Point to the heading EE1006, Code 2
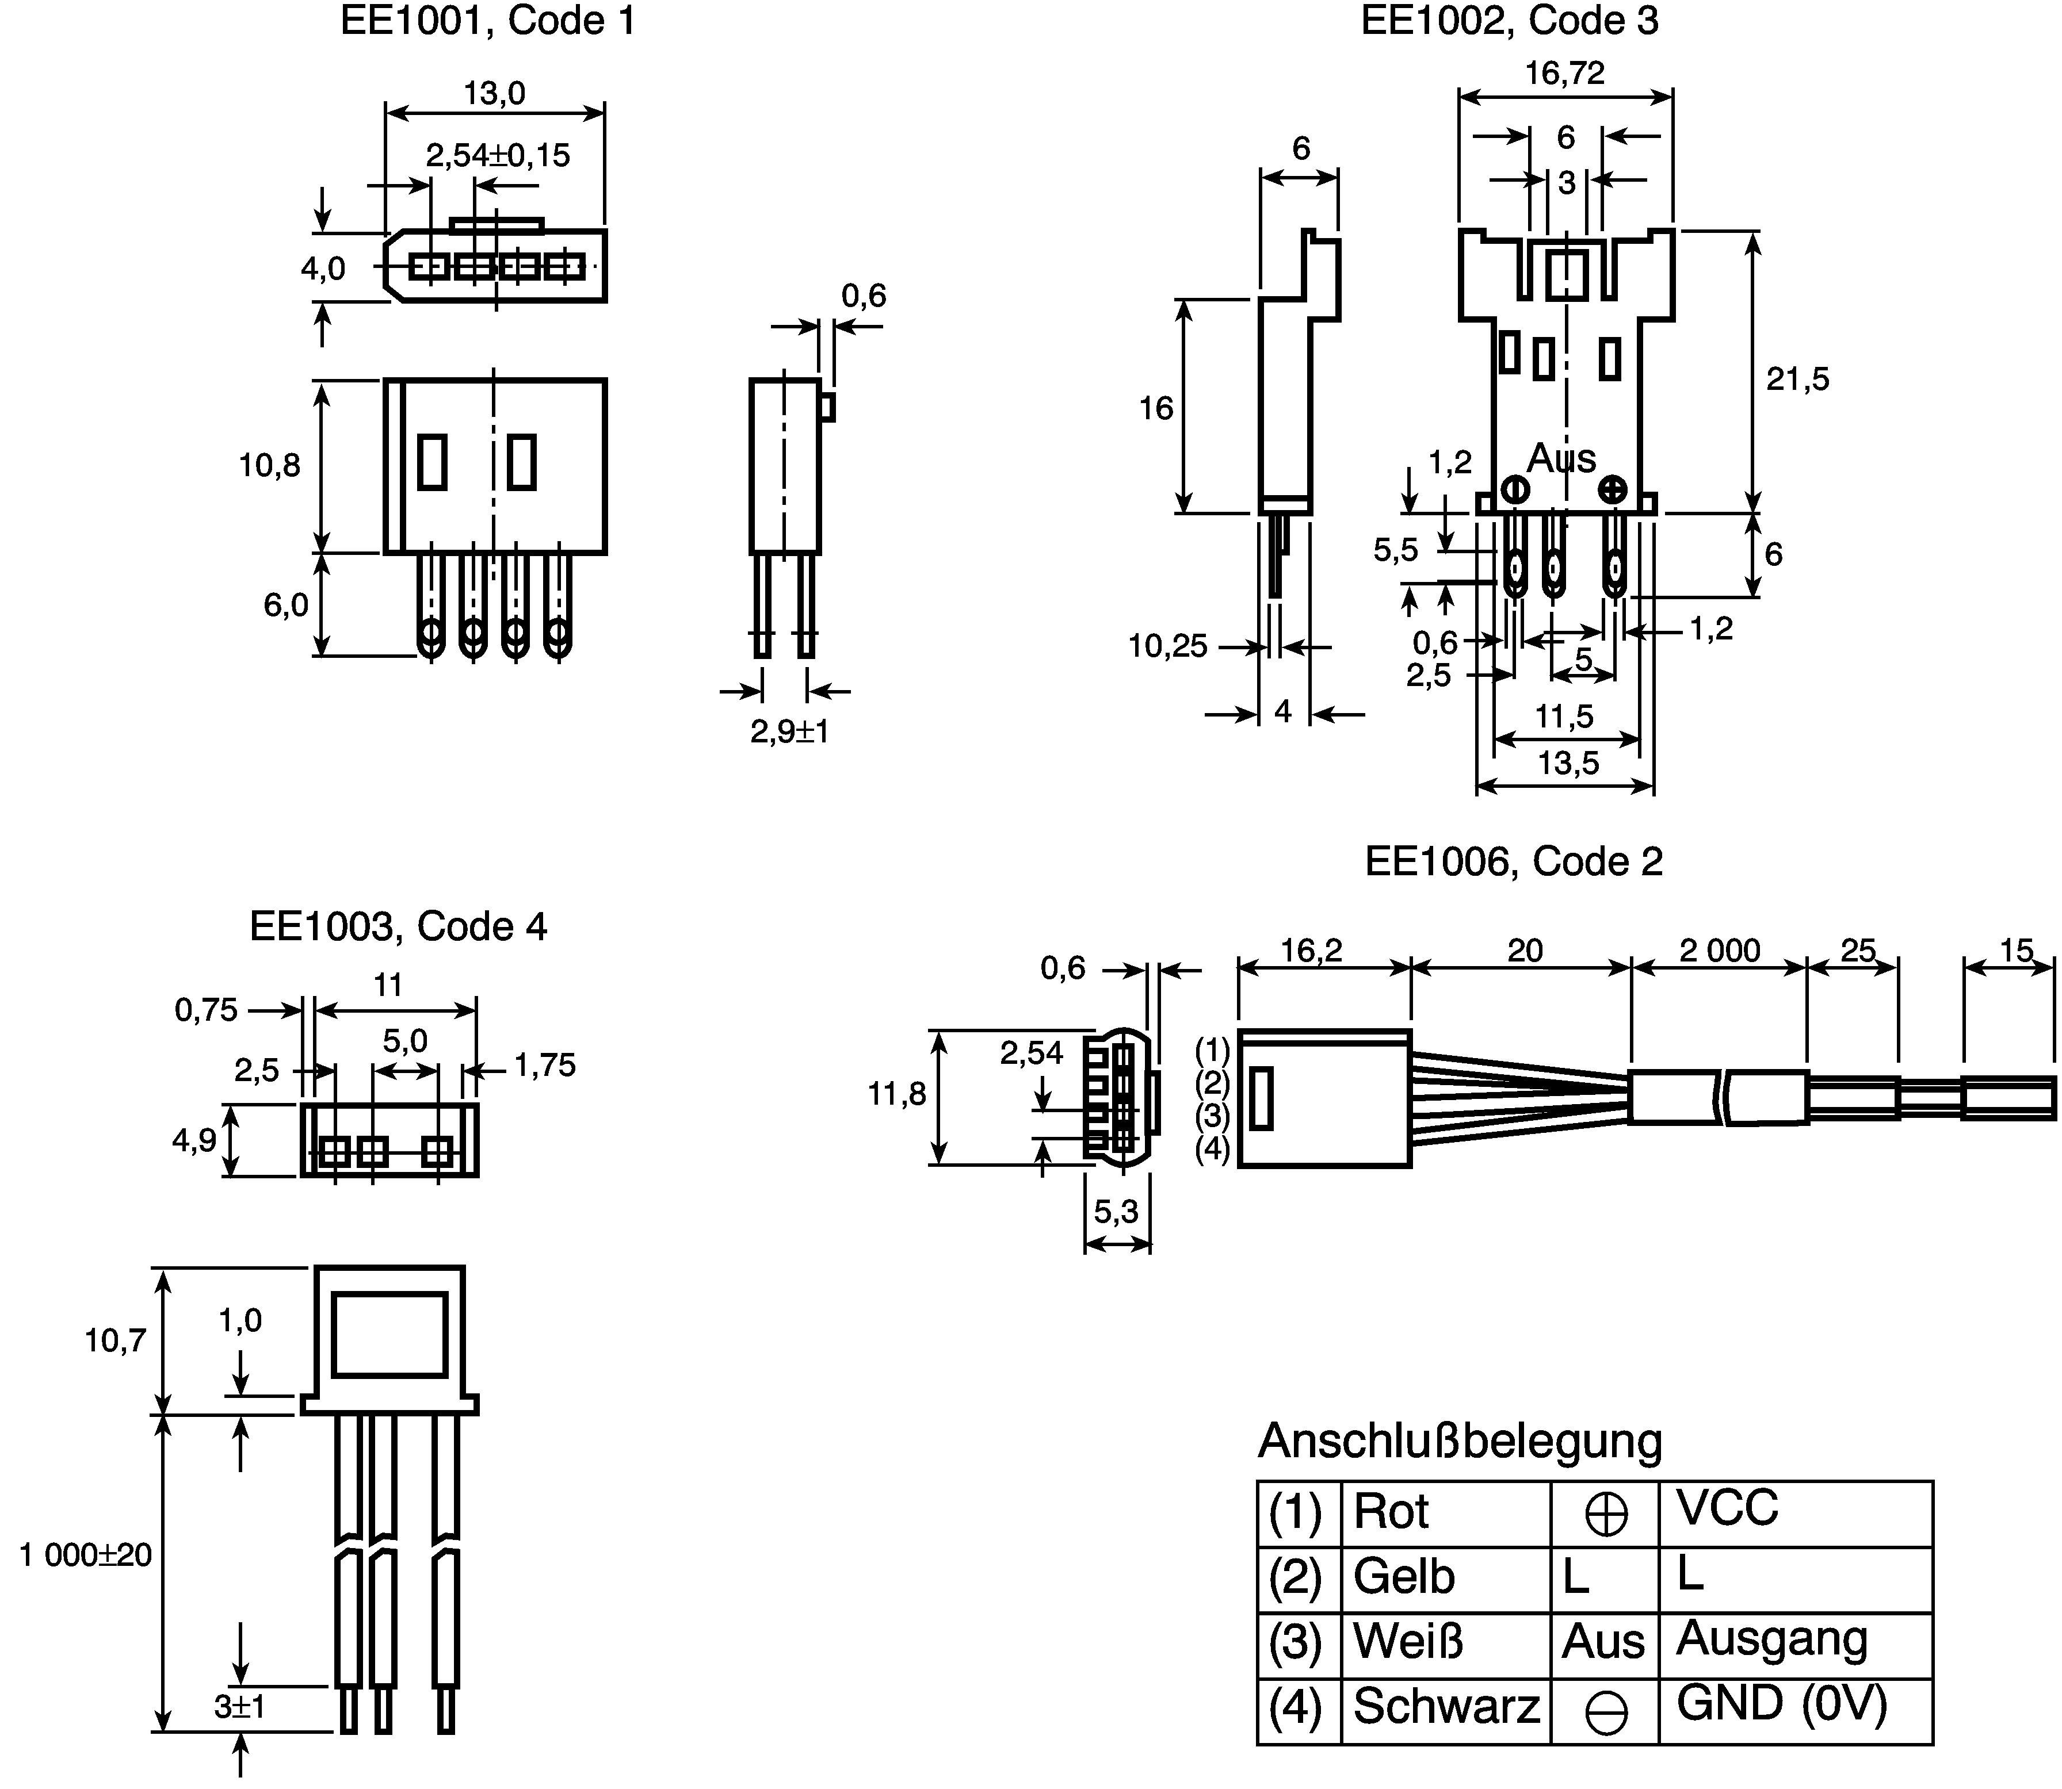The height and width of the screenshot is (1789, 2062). pyautogui.click(x=1514, y=861)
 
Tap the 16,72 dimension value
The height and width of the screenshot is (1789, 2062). pyautogui.click(x=1565, y=73)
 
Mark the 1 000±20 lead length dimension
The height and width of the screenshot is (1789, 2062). pyautogui.click(x=86, y=1554)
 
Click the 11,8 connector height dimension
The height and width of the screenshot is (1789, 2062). pyautogui.click(x=897, y=1094)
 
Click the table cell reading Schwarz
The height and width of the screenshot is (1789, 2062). pyautogui.click(x=1446, y=1707)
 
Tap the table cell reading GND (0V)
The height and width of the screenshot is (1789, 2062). pyautogui.click(x=1781, y=1703)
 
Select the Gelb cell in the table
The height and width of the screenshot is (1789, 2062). pyautogui.click(x=1404, y=1577)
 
